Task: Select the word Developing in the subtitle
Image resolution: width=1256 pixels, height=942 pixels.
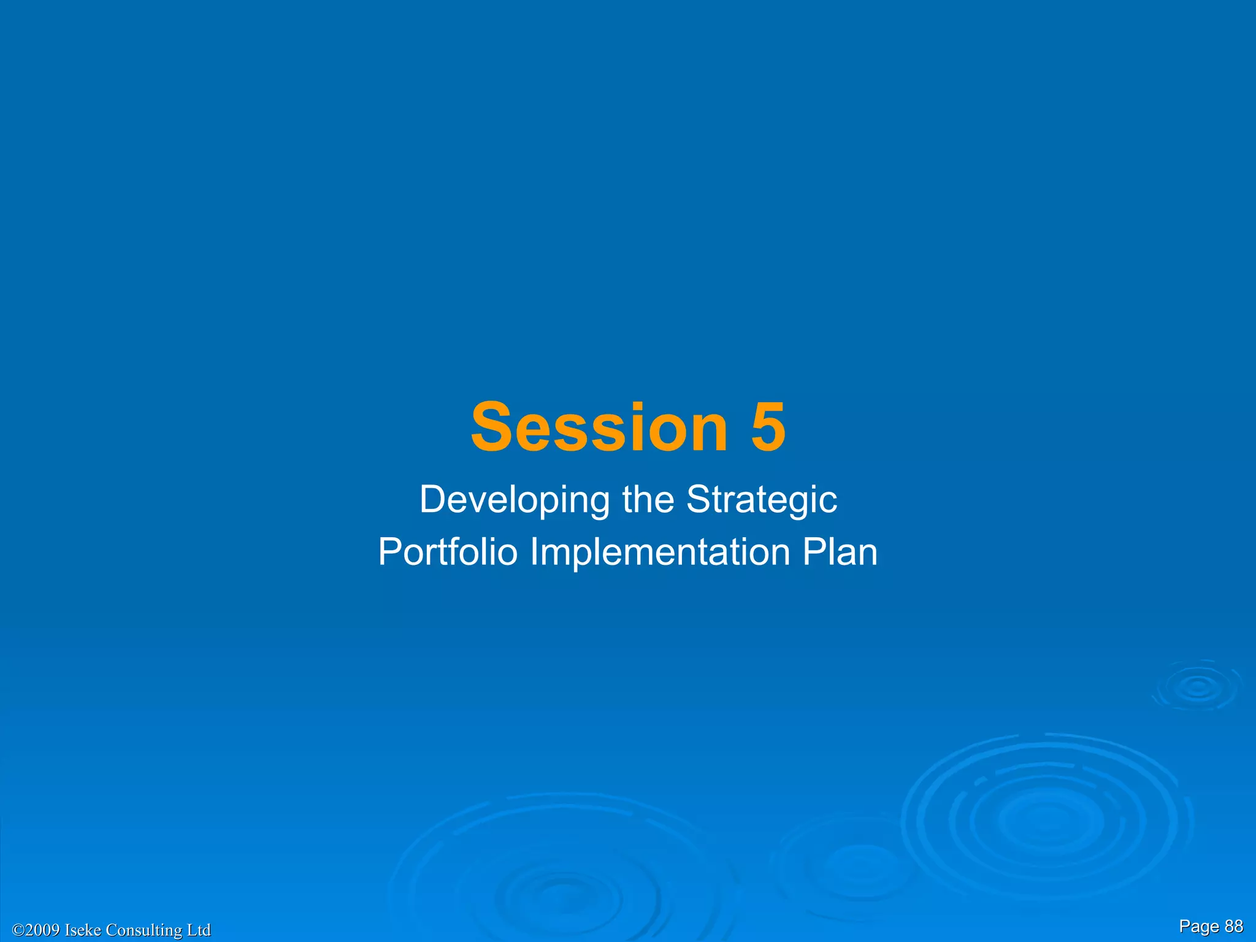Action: pyautogui.click(x=514, y=500)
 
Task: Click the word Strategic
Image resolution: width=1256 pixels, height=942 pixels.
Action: pyautogui.click(x=761, y=500)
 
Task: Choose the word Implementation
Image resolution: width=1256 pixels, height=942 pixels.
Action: pyautogui.click(x=660, y=552)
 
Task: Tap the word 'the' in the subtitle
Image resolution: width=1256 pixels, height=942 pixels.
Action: pyautogui.click(x=648, y=500)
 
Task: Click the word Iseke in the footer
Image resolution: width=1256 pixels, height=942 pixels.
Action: pyautogui.click(x=83, y=930)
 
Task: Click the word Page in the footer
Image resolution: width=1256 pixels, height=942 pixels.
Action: pyautogui.click(x=1199, y=927)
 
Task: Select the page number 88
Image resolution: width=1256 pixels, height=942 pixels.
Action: pyautogui.click(x=1233, y=926)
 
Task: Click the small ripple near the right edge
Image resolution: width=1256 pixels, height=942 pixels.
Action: pyautogui.click(x=1198, y=687)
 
